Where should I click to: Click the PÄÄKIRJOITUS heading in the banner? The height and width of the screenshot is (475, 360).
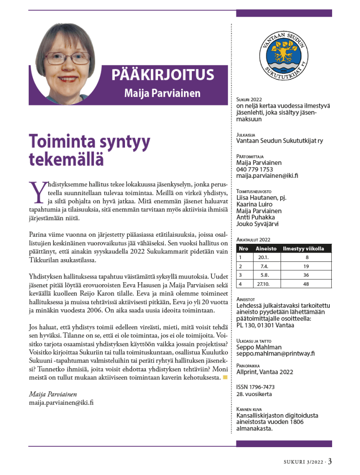(x=162, y=75)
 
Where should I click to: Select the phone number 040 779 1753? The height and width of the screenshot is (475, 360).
(x=255, y=169)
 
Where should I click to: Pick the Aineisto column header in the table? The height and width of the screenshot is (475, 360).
(x=266, y=249)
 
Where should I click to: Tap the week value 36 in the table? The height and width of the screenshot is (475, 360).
(x=306, y=275)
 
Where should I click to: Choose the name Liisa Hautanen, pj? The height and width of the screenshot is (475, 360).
(x=261, y=197)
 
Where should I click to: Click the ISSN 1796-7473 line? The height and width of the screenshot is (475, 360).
(x=255, y=387)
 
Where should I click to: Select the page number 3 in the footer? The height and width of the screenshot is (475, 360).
(x=330, y=461)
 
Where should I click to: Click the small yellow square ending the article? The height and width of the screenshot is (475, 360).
(x=225, y=377)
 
